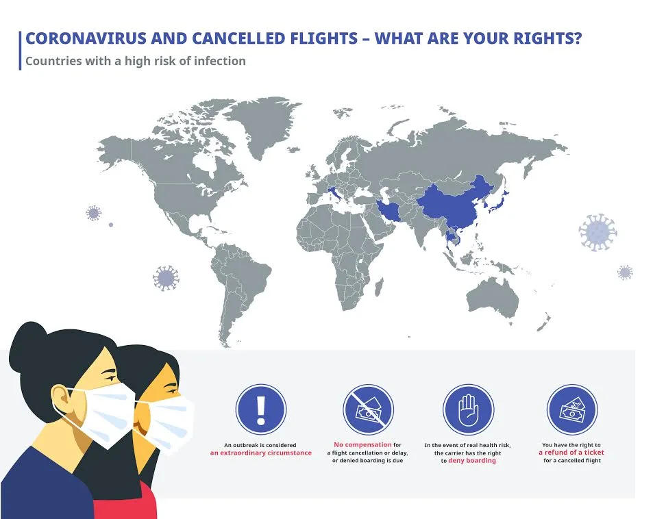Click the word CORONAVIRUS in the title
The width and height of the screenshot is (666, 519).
[86, 38]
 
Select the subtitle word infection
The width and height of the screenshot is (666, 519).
[219, 61]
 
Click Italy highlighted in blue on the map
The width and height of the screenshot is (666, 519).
[334, 194]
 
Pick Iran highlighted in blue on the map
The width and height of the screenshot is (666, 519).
[389, 211]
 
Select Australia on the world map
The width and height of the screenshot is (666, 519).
[493, 297]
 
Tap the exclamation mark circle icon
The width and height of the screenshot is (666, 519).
[261, 409]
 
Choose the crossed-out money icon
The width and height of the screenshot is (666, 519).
[368, 409]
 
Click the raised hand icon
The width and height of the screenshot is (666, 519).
[469, 409]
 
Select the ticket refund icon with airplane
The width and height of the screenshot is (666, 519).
[572, 409]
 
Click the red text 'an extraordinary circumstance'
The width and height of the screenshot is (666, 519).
[261, 453]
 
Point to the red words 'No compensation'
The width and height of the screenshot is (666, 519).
[362, 445]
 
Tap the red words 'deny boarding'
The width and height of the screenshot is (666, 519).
[472, 460]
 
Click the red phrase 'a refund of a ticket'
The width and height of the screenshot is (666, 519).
[571, 453]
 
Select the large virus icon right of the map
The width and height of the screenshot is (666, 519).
[597, 231]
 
